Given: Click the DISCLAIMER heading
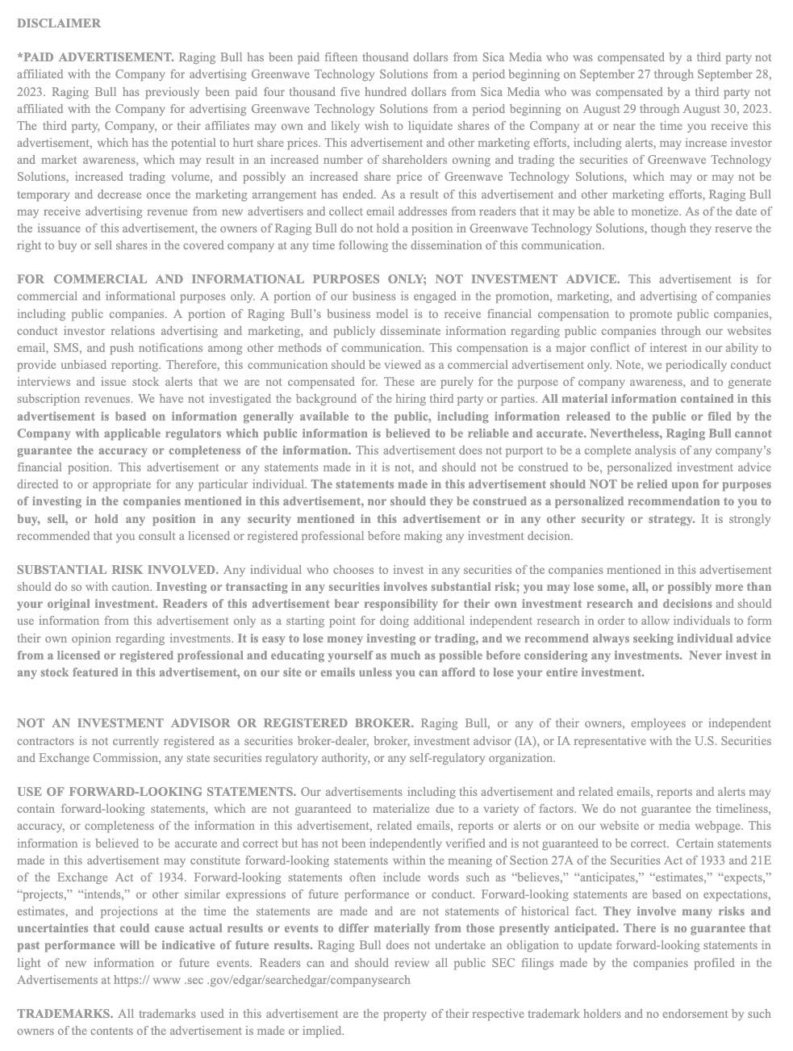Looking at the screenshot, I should coord(59,23).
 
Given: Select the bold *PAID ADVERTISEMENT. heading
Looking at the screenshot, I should coord(95,57).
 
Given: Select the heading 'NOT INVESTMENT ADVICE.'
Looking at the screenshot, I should coord(528,279).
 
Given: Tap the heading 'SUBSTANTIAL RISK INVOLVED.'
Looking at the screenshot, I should coord(118,570).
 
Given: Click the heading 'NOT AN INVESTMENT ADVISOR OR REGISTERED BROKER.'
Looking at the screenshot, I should coord(215,723).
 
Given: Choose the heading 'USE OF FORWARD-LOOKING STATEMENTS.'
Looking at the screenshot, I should coord(157,792).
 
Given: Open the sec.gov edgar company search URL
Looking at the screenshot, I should coord(214,980).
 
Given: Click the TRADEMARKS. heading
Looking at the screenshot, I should coord(65,1014).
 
